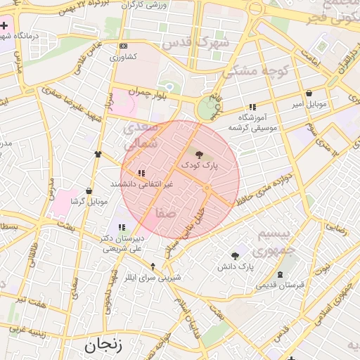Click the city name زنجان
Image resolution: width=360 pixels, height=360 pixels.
(103, 345)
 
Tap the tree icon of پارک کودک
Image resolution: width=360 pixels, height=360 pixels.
(199, 153)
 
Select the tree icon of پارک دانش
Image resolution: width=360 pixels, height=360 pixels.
(235, 256)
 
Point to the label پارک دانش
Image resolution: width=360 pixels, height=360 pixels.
(235, 267)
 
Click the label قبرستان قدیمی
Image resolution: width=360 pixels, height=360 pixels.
(279, 285)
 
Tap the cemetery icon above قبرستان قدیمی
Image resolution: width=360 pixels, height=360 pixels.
(281, 274)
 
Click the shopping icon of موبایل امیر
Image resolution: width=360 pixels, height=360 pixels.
(309, 94)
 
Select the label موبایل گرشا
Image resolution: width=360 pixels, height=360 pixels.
(89, 202)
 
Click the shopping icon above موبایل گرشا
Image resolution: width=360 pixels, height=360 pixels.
(89, 191)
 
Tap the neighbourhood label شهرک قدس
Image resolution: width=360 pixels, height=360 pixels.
(186, 42)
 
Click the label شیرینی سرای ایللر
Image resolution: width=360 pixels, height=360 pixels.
(153, 277)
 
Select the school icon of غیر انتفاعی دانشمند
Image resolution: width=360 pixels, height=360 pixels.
(141, 173)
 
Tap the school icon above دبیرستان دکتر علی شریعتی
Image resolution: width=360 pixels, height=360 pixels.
(122, 227)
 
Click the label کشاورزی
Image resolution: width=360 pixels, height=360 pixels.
(124, 56)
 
